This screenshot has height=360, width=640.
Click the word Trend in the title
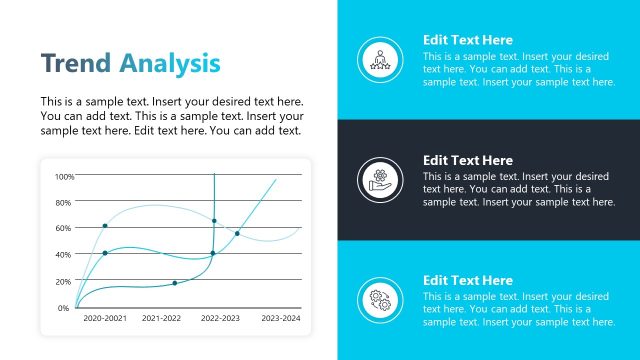point(76,64)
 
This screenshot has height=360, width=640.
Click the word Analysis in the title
point(170,64)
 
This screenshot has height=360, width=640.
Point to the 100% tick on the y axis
point(64,177)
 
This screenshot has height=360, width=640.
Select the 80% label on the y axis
point(65,203)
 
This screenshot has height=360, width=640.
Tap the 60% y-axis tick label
point(65,229)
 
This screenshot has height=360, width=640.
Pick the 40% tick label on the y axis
point(65,255)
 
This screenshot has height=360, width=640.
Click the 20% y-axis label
point(65,281)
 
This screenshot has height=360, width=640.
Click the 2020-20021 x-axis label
point(105,318)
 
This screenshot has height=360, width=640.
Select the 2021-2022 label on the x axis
point(162,318)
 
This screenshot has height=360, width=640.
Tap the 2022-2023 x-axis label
point(220,318)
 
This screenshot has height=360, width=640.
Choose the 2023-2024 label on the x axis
point(280,318)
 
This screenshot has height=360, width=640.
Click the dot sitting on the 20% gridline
point(175,283)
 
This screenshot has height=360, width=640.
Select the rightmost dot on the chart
point(237,234)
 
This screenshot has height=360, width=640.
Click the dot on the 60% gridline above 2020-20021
point(105,226)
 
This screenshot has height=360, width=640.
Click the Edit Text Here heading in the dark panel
point(467,160)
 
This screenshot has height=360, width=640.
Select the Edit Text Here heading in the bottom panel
point(467,281)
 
